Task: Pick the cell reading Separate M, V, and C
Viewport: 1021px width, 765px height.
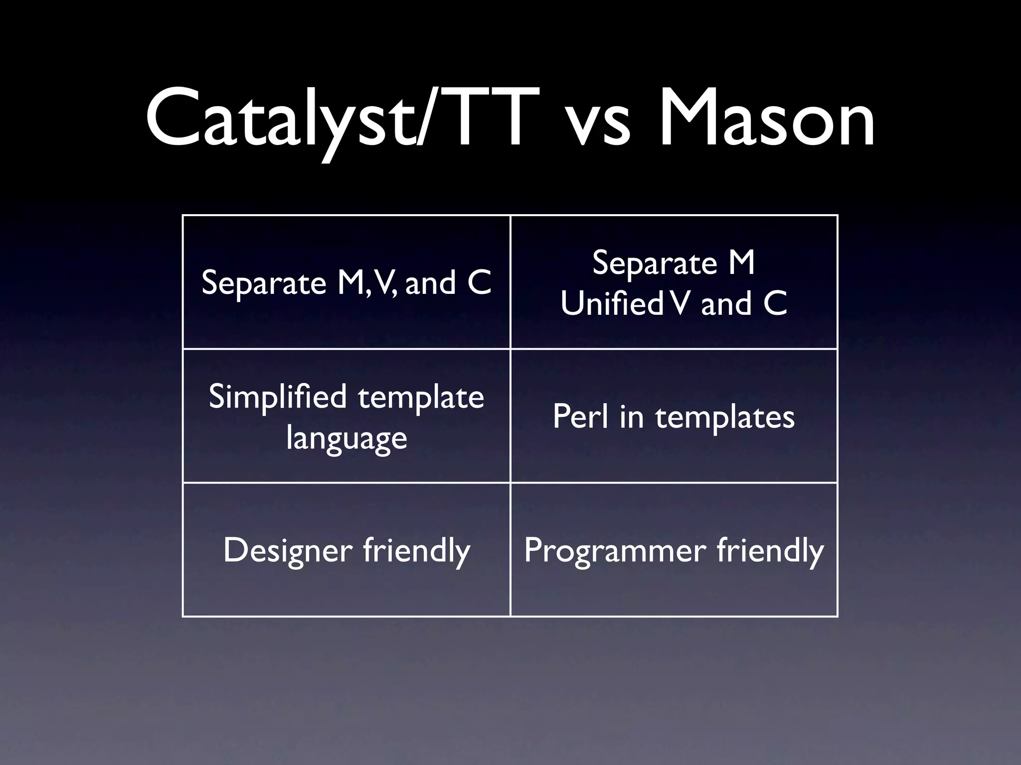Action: tap(346, 282)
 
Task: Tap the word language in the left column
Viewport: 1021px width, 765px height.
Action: tap(346, 438)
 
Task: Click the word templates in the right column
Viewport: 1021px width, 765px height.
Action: tap(725, 417)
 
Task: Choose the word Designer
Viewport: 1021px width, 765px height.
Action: tap(288, 550)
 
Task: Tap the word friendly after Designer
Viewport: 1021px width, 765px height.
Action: tap(416, 550)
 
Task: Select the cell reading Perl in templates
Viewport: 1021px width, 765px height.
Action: tap(674, 416)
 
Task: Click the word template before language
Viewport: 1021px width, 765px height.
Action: tap(421, 397)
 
